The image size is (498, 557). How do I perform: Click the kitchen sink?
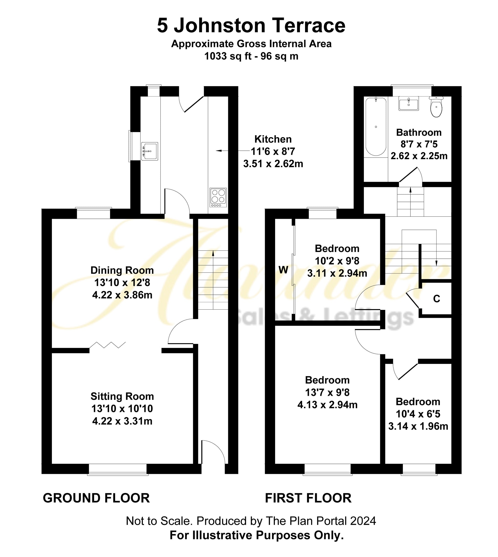click(150, 151)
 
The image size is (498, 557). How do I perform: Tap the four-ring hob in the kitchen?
click(218, 198)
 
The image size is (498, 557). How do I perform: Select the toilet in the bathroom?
click(436, 107)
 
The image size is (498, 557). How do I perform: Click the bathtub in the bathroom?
click(376, 126)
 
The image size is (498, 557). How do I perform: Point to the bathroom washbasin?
click(408, 103)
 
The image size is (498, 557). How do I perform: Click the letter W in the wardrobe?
click(284, 270)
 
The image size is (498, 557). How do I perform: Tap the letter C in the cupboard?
click(437, 299)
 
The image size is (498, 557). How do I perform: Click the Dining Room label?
click(122, 270)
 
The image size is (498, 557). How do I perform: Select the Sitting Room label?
click(122, 396)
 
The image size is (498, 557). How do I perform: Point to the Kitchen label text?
click(273, 139)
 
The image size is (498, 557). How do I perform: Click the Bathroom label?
click(419, 133)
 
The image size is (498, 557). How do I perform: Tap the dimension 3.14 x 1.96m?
click(418, 426)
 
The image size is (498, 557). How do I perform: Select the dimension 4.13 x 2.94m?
click(327, 405)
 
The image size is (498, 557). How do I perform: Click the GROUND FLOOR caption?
click(96, 498)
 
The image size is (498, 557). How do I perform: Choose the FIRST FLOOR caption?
click(308, 498)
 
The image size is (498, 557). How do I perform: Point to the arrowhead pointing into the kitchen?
click(218, 151)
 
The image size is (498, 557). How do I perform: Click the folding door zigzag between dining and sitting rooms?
click(107, 345)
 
